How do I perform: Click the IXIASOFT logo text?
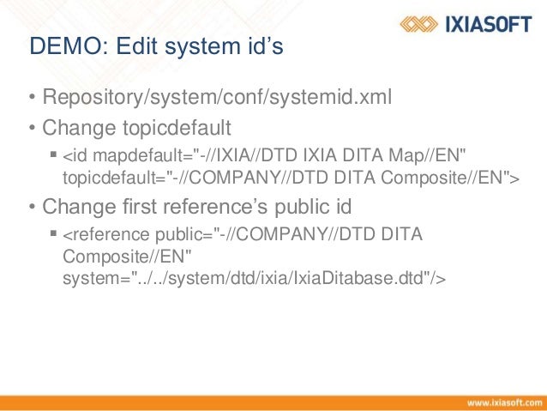click(486, 24)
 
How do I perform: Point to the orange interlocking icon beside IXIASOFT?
click(421, 24)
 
